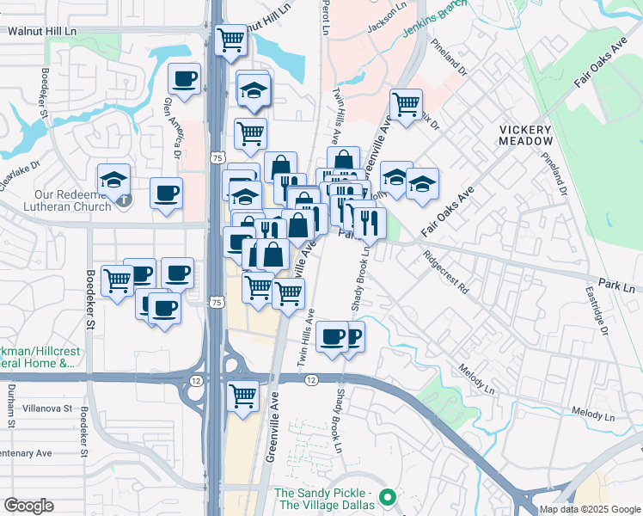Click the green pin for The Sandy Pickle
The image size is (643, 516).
click(x=388, y=496)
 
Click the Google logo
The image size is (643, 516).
click(x=28, y=506)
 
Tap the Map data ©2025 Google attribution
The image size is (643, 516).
click(x=590, y=509)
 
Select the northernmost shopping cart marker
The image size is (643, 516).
click(x=230, y=38)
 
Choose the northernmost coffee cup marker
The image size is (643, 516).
click(x=184, y=79)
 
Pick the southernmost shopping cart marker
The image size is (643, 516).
click(x=243, y=396)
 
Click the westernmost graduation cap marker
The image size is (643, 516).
click(x=113, y=180)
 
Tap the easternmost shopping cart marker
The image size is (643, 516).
click(x=406, y=104)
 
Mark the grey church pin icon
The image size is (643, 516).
click(x=126, y=200)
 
